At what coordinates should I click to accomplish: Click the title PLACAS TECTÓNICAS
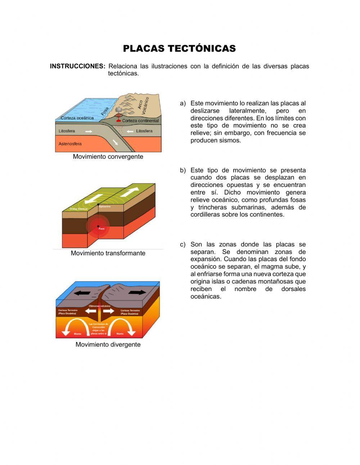tap(179, 49)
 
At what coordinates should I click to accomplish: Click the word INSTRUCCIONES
tap(77, 66)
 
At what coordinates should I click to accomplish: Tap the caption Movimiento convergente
tap(108, 157)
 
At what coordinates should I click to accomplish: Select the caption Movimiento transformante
tap(108, 253)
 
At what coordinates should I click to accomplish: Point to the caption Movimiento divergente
tap(108, 345)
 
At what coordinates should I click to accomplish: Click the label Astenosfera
tap(70, 144)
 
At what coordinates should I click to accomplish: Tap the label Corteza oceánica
tap(77, 118)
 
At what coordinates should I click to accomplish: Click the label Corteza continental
tap(140, 121)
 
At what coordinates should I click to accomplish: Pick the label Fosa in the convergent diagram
tap(105, 111)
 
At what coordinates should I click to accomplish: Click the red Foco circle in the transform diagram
tap(98, 227)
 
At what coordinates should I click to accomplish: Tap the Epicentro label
tap(104, 207)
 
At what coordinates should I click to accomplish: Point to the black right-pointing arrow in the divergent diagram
tap(137, 292)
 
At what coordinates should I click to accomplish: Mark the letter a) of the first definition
tap(183, 103)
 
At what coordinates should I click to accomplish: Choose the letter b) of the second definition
tap(183, 170)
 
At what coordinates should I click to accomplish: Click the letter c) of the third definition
tap(183, 245)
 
